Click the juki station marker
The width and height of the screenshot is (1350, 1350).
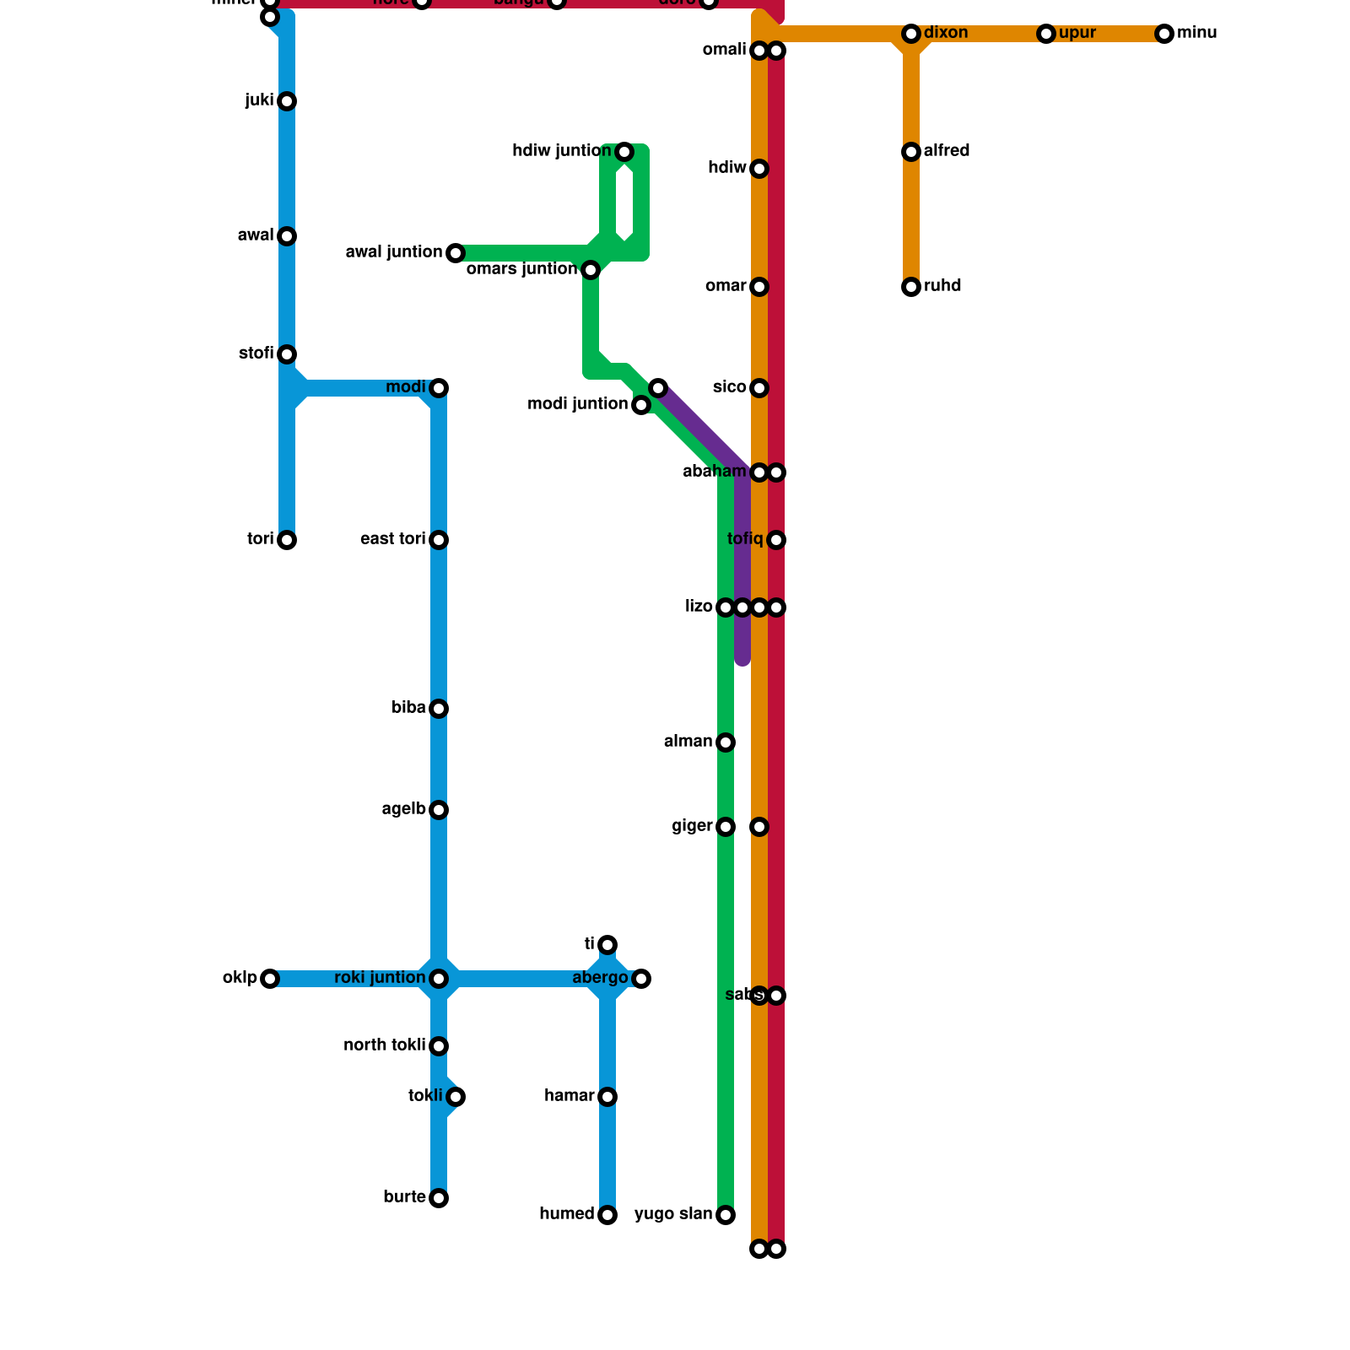[x=287, y=101]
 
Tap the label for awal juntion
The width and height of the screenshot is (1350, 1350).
[x=394, y=252]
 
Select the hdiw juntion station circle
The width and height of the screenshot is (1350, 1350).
[x=624, y=152]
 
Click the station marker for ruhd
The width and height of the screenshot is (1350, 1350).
[x=911, y=287]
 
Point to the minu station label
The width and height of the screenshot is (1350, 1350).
[x=1196, y=33]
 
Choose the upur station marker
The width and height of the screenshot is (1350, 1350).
[x=1046, y=34]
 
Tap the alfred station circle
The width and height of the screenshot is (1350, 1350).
[x=911, y=152]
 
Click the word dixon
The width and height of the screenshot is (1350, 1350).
[x=945, y=33]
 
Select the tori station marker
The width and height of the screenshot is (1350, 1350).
[x=287, y=540]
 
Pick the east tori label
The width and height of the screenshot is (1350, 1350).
[x=392, y=539]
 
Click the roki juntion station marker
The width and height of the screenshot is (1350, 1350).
[x=439, y=979]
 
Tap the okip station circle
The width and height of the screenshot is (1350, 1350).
[x=270, y=979]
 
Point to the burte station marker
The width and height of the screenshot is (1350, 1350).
[x=439, y=1198]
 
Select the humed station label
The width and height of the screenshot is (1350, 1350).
[x=567, y=1214]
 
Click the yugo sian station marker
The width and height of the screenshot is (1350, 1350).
[x=726, y=1215]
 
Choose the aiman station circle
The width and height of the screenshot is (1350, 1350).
[x=726, y=742]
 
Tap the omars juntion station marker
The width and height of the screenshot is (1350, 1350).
[x=591, y=270]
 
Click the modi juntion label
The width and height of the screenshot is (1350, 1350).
[x=577, y=404]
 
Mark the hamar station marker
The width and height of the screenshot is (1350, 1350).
[x=607, y=1097]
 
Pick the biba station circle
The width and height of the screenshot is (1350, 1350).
[x=439, y=709]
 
